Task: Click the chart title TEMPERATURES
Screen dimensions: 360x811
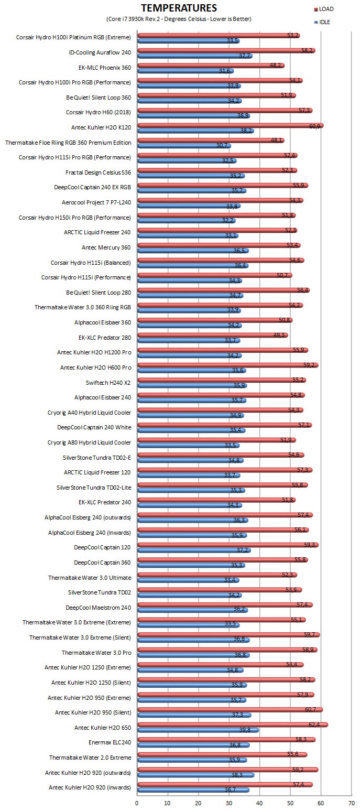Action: coord(179,8)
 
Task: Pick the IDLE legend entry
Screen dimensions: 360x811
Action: coord(322,22)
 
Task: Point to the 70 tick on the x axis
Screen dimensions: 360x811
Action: coord(351,803)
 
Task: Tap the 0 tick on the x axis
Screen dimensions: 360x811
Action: coord(137,803)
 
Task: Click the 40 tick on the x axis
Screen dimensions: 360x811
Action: coord(259,803)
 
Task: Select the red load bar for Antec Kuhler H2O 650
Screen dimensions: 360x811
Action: coord(233,725)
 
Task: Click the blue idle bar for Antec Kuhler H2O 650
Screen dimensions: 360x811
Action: coord(198,730)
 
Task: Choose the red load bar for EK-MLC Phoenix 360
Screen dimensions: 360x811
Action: coord(211,66)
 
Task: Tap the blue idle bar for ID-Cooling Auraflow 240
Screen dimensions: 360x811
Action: coord(194,56)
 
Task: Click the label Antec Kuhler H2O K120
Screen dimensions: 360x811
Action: coord(101,127)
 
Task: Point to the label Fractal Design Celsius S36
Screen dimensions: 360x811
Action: coord(98,172)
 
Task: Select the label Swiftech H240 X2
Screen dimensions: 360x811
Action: coord(108,383)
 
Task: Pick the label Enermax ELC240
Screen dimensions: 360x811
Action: coord(110,742)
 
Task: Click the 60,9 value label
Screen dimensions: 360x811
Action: coord(314,126)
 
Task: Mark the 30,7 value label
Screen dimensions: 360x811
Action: coord(222,145)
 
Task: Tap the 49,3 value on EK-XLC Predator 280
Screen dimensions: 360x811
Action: coord(279,335)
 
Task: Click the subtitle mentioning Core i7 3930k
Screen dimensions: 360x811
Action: coord(179,19)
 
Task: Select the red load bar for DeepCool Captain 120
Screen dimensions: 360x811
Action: coord(228,545)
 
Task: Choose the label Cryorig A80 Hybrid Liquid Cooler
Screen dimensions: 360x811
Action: coord(89,442)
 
